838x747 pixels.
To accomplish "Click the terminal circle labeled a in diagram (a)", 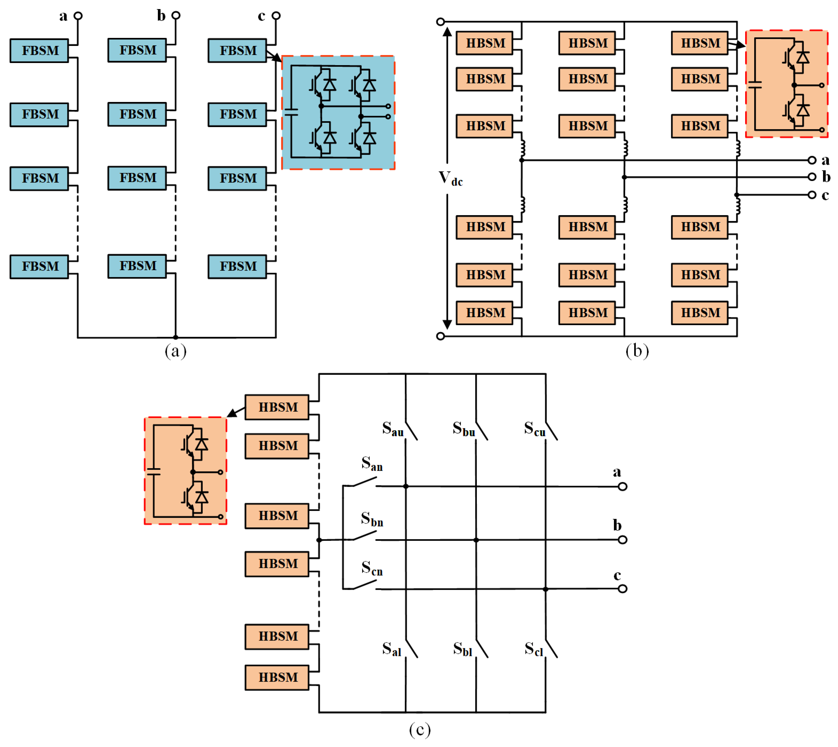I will pyautogui.click(x=78, y=15).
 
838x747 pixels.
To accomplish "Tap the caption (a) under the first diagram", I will pyautogui.click(x=175, y=351).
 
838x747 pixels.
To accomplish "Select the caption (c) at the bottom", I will pyautogui.click(x=420, y=730).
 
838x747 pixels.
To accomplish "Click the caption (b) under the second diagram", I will pyautogui.click(x=637, y=351).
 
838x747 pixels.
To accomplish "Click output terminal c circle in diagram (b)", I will pyautogui.click(x=812, y=195).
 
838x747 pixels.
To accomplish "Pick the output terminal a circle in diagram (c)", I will pyautogui.click(x=622, y=487).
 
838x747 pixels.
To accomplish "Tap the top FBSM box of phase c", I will pyautogui.click(x=237, y=50).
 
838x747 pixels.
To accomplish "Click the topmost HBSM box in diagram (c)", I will pyautogui.click(x=277, y=407).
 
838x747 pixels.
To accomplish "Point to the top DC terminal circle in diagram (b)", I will pyautogui.click(x=441, y=21).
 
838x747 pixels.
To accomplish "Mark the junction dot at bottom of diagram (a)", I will pyautogui.click(x=175, y=337).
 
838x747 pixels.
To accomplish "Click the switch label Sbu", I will pyautogui.click(x=464, y=429).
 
